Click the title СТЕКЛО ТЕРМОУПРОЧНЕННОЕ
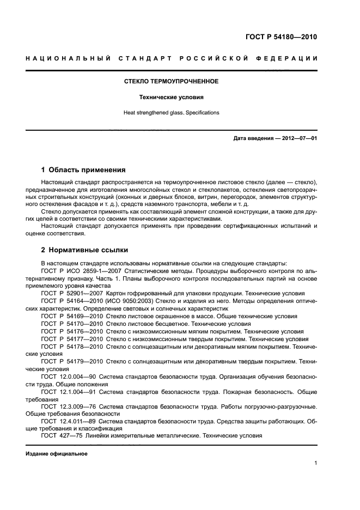click(172, 81)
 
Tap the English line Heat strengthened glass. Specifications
click(172, 113)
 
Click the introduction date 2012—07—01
click(297, 138)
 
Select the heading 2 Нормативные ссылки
click(84, 250)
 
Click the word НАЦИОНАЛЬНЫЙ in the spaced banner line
click(68, 58)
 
